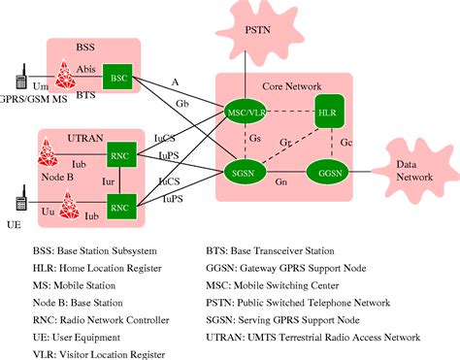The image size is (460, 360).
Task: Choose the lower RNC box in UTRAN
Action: (119, 207)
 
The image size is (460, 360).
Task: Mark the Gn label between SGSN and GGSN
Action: (281, 182)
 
